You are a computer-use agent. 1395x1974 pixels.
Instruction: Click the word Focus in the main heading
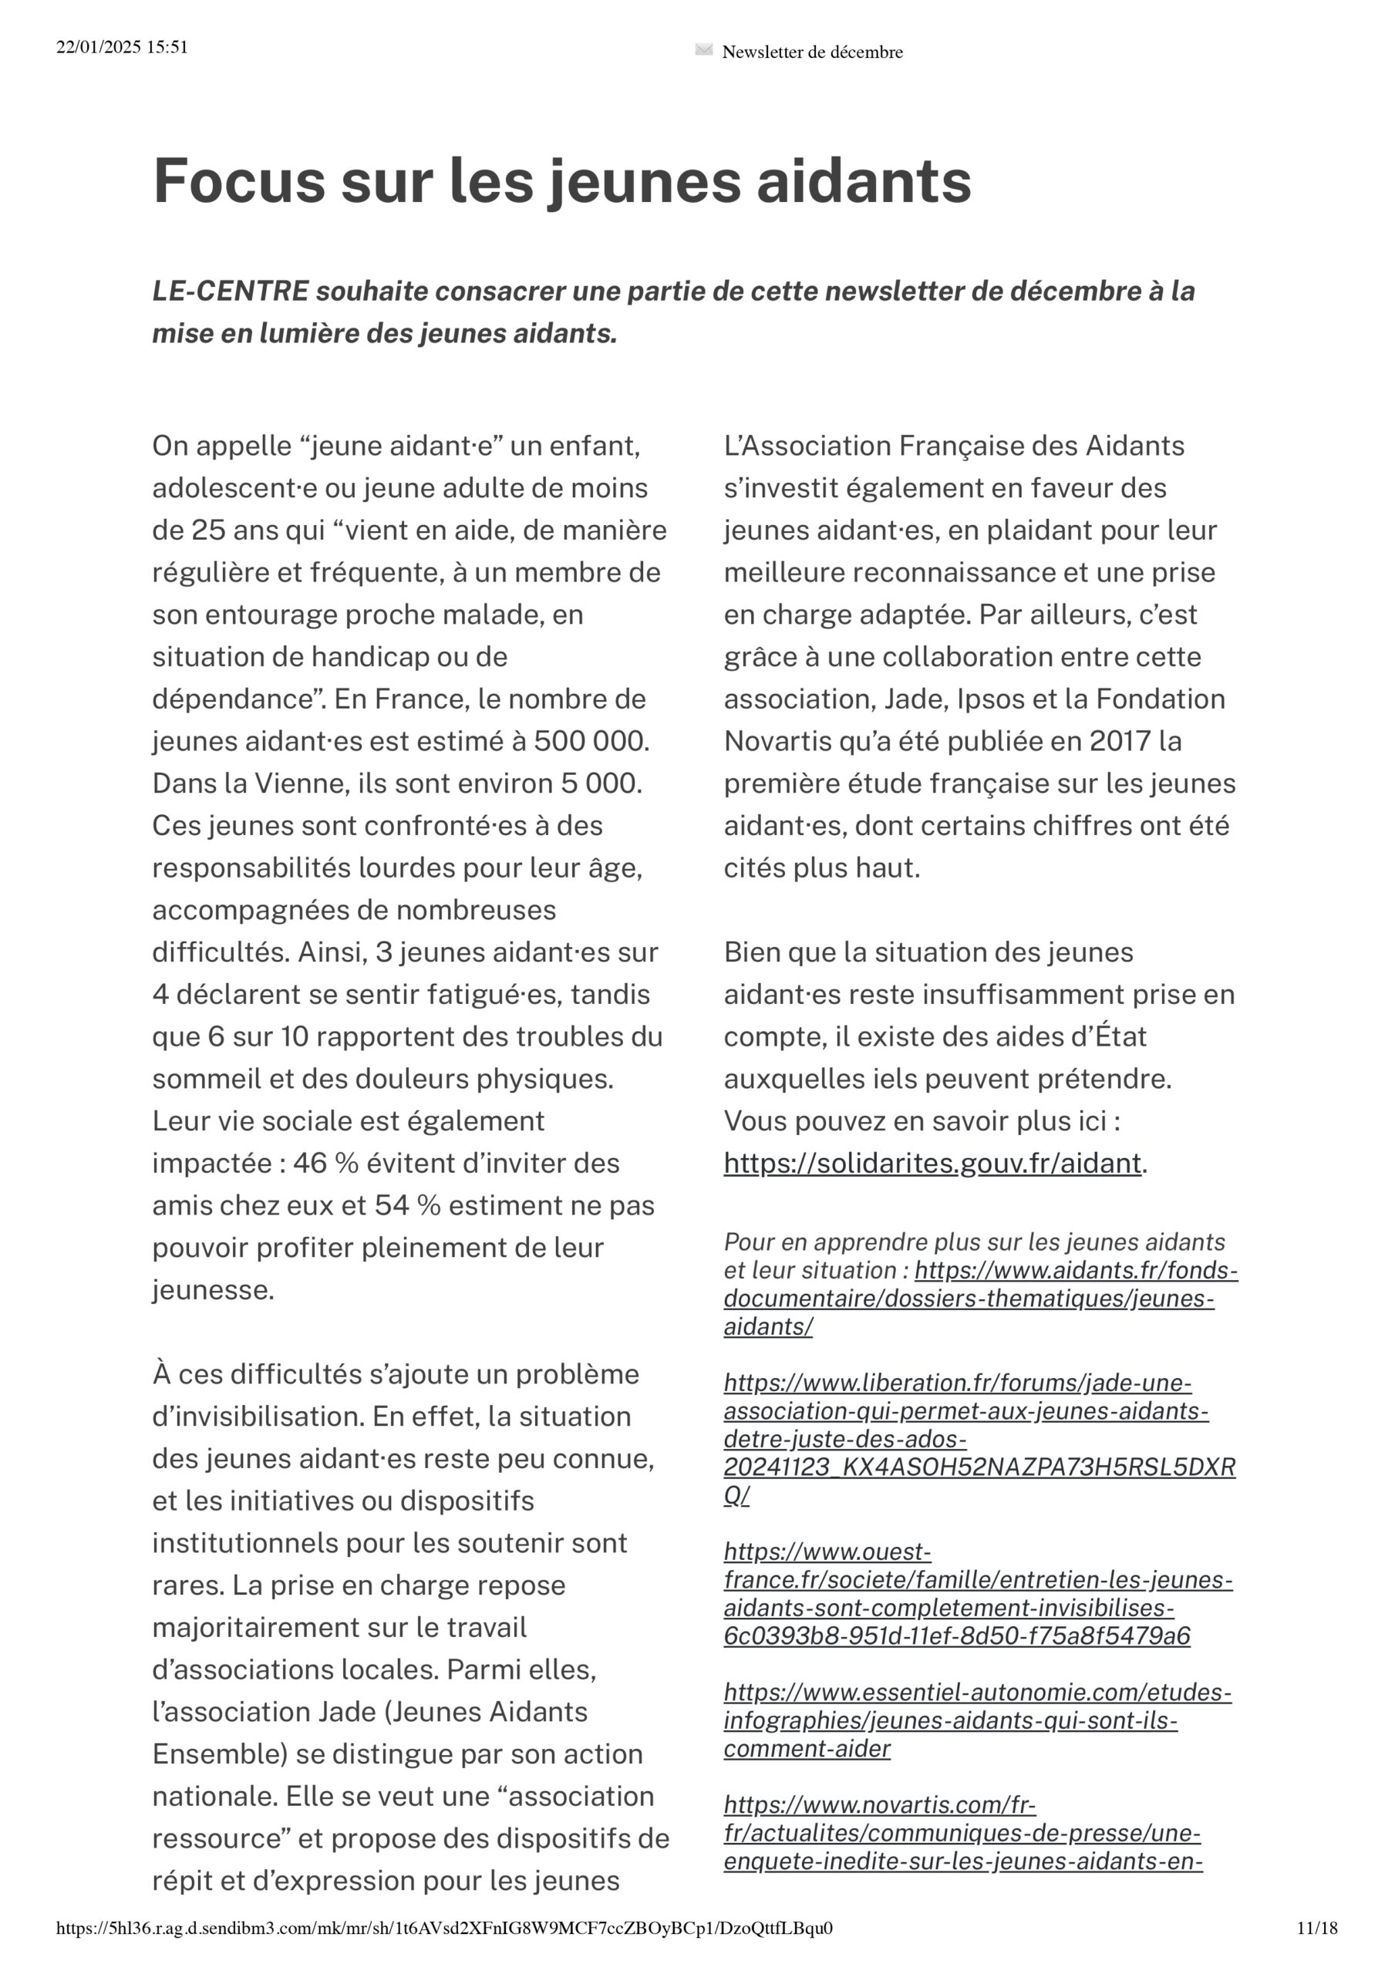pyautogui.click(x=238, y=181)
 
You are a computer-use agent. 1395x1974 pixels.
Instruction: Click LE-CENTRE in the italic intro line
pyautogui.click(x=230, y=291)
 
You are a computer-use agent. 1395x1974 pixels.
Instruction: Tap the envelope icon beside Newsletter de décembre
pyautogui.click(x=703, y=51)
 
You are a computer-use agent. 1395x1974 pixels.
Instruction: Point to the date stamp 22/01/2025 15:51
pyautogui.click(x=122, y=47)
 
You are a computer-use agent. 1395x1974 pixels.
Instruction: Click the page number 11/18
pyautogui.click(x=1317, y=1928)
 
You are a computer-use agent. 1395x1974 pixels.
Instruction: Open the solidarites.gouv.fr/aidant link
pyautogui.click(x=932, y=1164)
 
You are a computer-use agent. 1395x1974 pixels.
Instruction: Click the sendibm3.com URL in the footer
pyautogui.click(x=443, y=1928)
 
